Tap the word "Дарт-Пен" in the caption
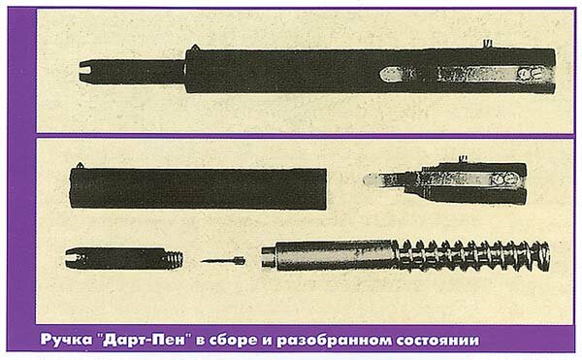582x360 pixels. [144, 340]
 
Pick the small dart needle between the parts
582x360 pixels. [223, 261]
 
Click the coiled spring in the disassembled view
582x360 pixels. [472, 255]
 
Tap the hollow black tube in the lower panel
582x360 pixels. [199, 188]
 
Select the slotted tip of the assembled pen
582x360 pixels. [88, 71]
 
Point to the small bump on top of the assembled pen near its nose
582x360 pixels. [195, 48]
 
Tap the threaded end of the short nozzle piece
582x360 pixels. [174, 259]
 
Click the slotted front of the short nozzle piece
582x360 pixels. [74, 258]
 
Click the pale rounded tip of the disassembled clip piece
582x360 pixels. [372, 180]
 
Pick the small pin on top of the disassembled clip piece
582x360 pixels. [463, 159]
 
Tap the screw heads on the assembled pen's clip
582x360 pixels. [530, 73]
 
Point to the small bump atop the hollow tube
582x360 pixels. [80, 165]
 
